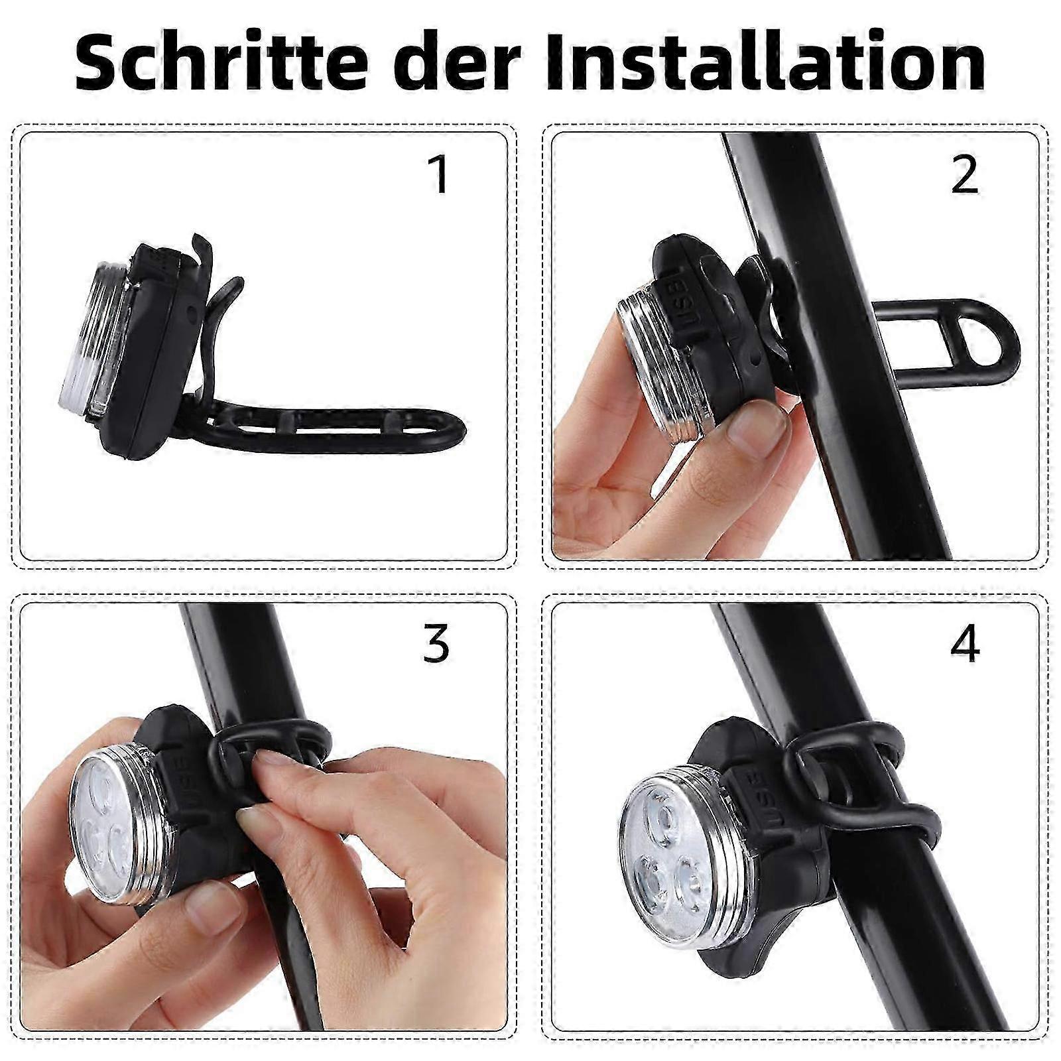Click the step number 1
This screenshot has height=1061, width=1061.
440,174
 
